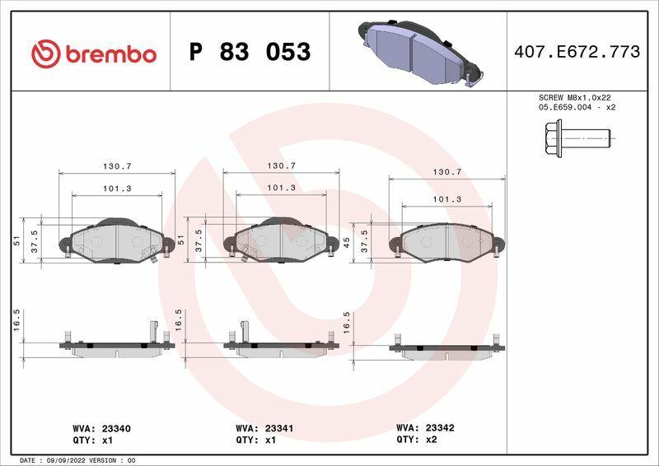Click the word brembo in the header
[x=111, y=54]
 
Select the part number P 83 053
[x=250, y=52]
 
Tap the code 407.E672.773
[x=577, y=52]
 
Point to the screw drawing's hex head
[x=553, y=138]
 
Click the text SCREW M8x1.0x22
[x=574, y=97]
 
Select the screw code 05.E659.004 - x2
[x=577, y=108]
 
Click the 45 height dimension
[x=347, y=242]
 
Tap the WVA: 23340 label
[x=101, y=429]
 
